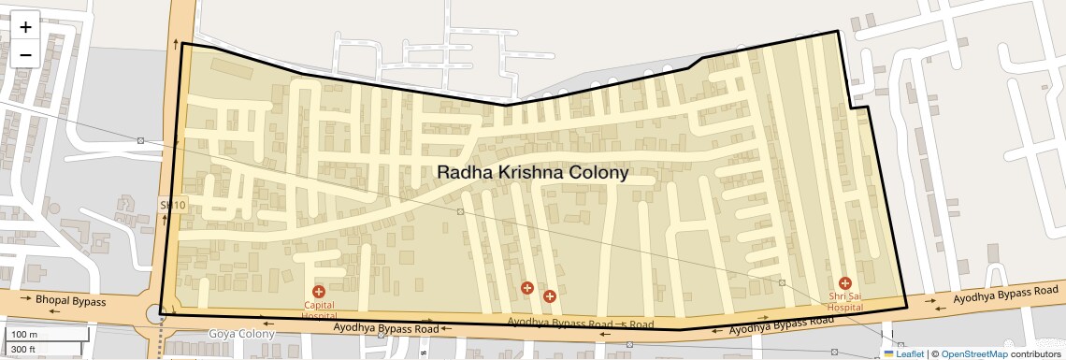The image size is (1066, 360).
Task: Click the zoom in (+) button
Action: (x=25, y=26)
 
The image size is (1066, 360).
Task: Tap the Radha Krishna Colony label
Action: (x=533, y=173)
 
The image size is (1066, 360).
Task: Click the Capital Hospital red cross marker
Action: (x=319, y=293)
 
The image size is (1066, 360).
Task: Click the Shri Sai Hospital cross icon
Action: (x=845, y=282)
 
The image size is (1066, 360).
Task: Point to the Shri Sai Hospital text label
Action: (x=845, y=301)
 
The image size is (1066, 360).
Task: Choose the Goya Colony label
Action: (x=241, y=334)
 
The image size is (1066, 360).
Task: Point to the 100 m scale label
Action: (x=24, y=335)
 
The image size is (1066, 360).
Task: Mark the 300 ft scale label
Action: (x=24, y=349)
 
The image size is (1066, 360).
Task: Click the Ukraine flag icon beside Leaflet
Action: (x=888, y=353)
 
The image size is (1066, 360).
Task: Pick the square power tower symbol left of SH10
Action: (x=140, y=140)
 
